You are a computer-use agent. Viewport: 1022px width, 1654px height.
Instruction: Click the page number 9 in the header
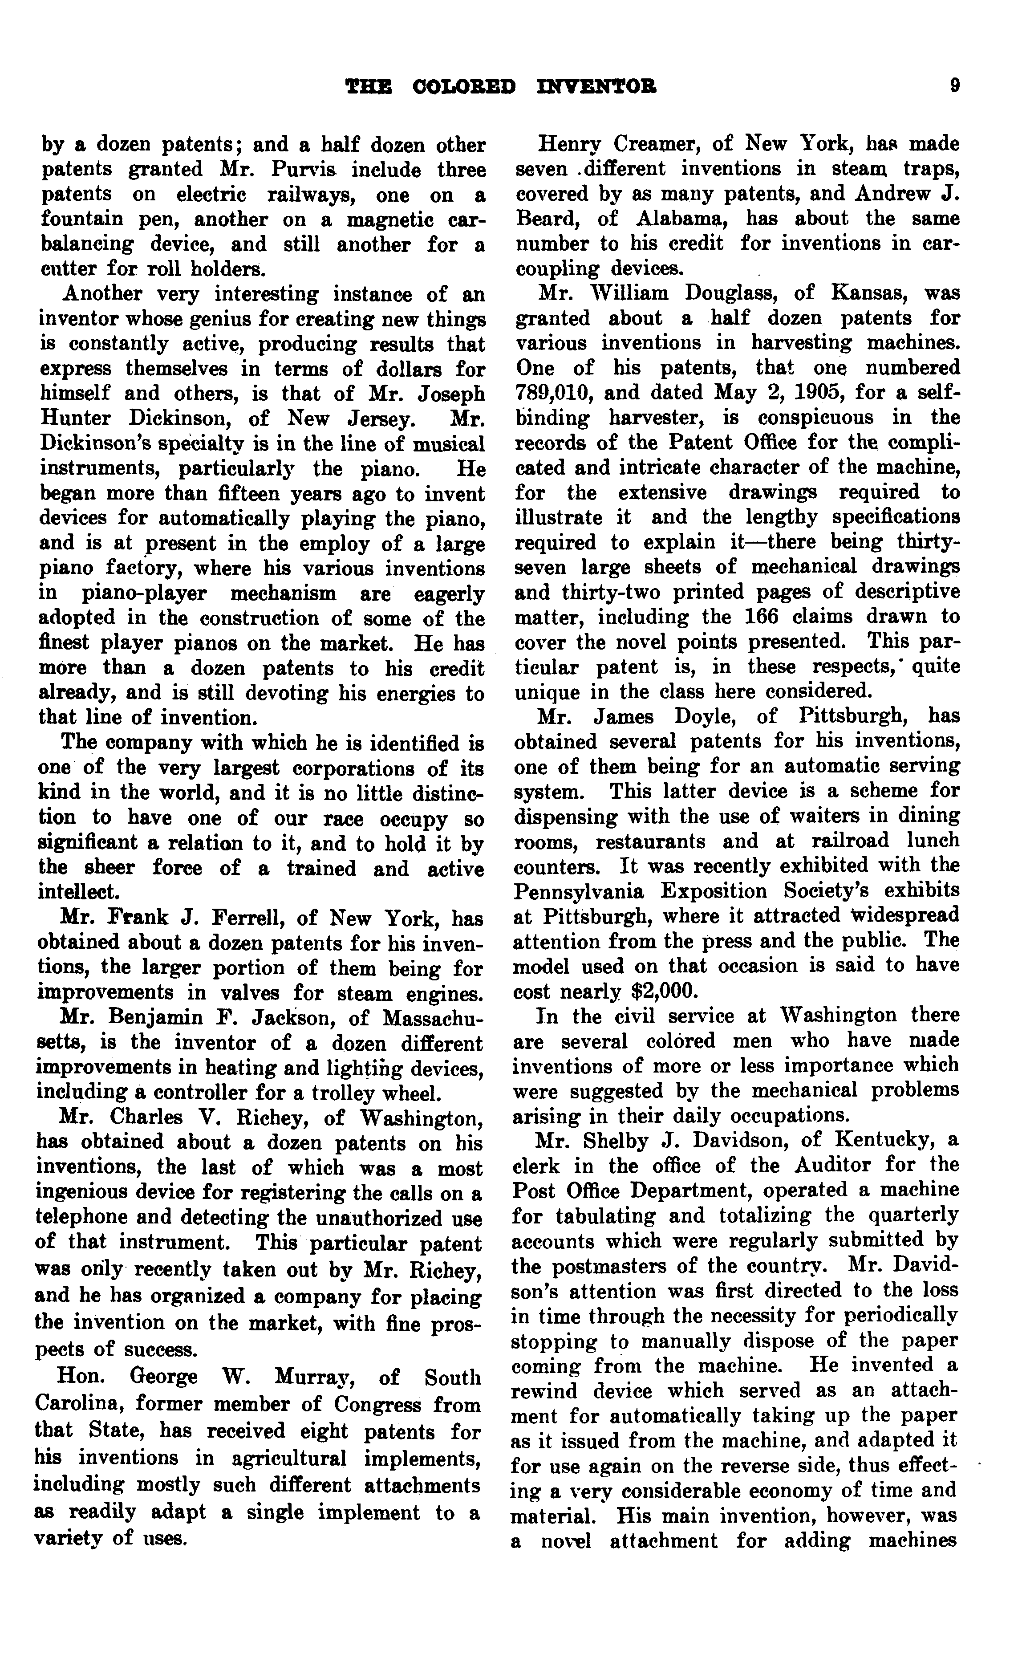coord(954,86)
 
